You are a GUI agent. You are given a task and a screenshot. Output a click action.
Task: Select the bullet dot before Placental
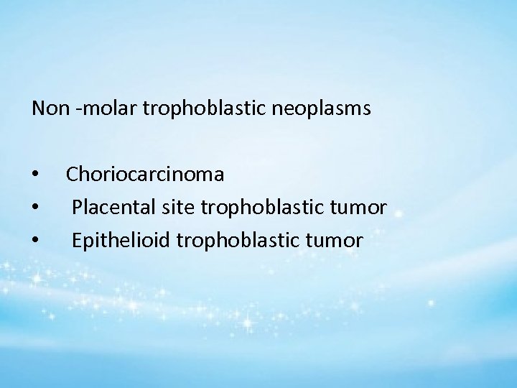click(x=35, y=209)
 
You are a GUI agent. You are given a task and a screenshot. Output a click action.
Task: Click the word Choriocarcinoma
click(x=145, y=175)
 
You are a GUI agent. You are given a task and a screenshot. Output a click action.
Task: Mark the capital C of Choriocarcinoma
click(x=73, y=175)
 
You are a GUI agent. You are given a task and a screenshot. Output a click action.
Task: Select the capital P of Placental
click(x=77, y=208)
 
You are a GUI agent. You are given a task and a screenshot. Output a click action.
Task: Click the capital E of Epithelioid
click(x=76, y=241)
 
